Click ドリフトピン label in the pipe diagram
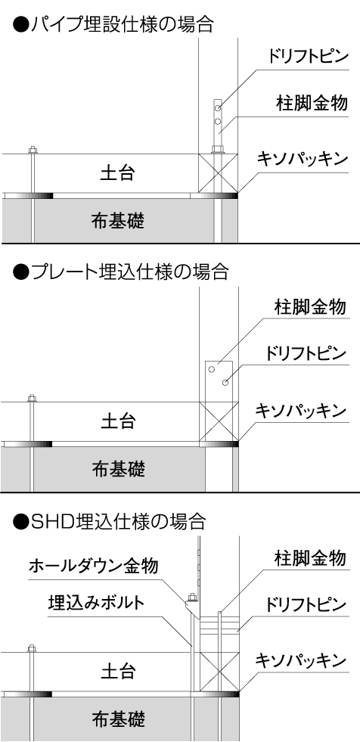(308, 57)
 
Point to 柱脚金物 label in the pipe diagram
(312, 103)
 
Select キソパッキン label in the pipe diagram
(303, 159)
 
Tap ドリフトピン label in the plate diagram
(306, 353)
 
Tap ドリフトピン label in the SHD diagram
(306, 605)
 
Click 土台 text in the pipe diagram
(118, 173)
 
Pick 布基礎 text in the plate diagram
(118, 468)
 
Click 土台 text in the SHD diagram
(118, 671)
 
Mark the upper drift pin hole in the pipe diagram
(218, 108)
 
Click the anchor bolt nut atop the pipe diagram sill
(33, 151)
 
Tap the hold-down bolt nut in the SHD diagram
(192, 598)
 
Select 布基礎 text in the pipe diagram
(118, 220)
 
